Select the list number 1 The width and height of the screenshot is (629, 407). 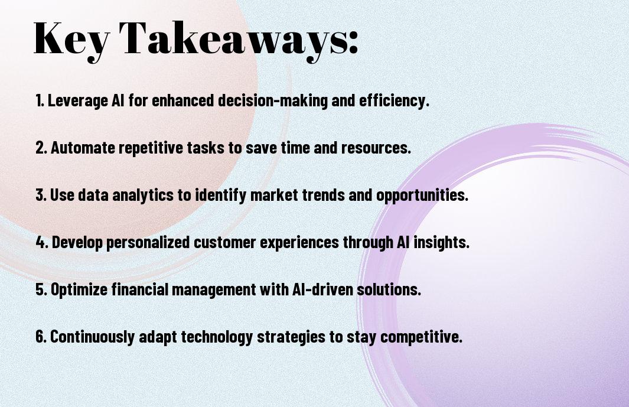click(x=40, y=100)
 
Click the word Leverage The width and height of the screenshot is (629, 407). click(x=78, y=100)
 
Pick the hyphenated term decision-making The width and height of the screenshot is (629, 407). click(x=273, y=100)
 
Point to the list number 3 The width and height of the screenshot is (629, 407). click(x=41, y=195)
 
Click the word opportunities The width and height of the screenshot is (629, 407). click(x=422, y=195)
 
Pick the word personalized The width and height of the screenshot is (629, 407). click(x=148, y=242)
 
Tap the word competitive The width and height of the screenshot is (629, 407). click(x=421, y=336)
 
